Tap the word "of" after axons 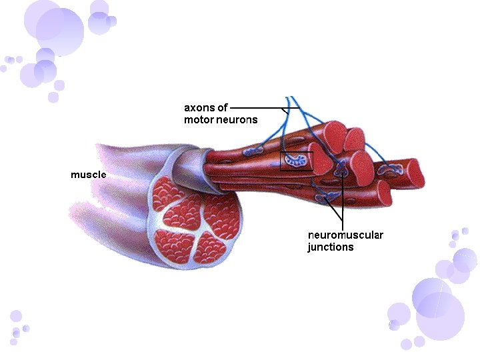click(x=223, y=107)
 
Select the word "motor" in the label click(x=199, y=120)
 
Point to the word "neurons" click(x=237, y=120)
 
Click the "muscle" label click(x=89, y=175)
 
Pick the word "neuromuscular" click(x=345, y=235)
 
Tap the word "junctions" click(x=331, y=247)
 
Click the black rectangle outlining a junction click(x=297, y=161)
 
